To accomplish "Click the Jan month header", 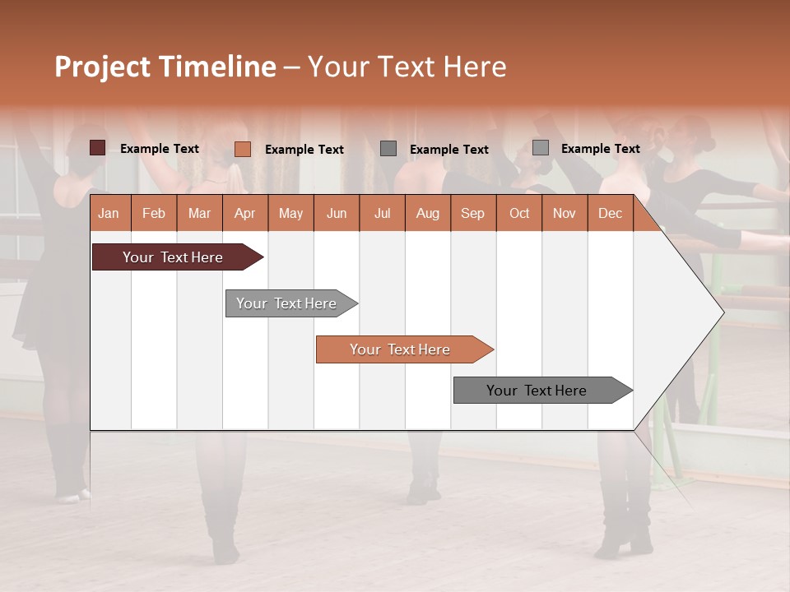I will click(x=109, y=213).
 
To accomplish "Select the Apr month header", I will click(x=244, y=213).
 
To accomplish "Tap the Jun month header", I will click(x=337, y=213).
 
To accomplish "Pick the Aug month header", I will click(x=427, y=213).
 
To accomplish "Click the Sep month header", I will click(x=472, y=213).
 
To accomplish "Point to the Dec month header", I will click(x=610, y=213).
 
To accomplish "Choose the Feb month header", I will click(x=154, y=213).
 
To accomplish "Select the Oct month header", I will click(x=519, y=213).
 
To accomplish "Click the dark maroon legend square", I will click(x=98, y=148).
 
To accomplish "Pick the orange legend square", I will click(x=243, y=149).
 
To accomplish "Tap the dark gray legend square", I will click(x=388, y=149).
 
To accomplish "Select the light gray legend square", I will click(x=541, y=148).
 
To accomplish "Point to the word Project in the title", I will click(x=103, y=67).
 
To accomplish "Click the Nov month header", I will click(x=565, y=213).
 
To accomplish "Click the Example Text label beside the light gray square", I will click(x=600, y=148).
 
